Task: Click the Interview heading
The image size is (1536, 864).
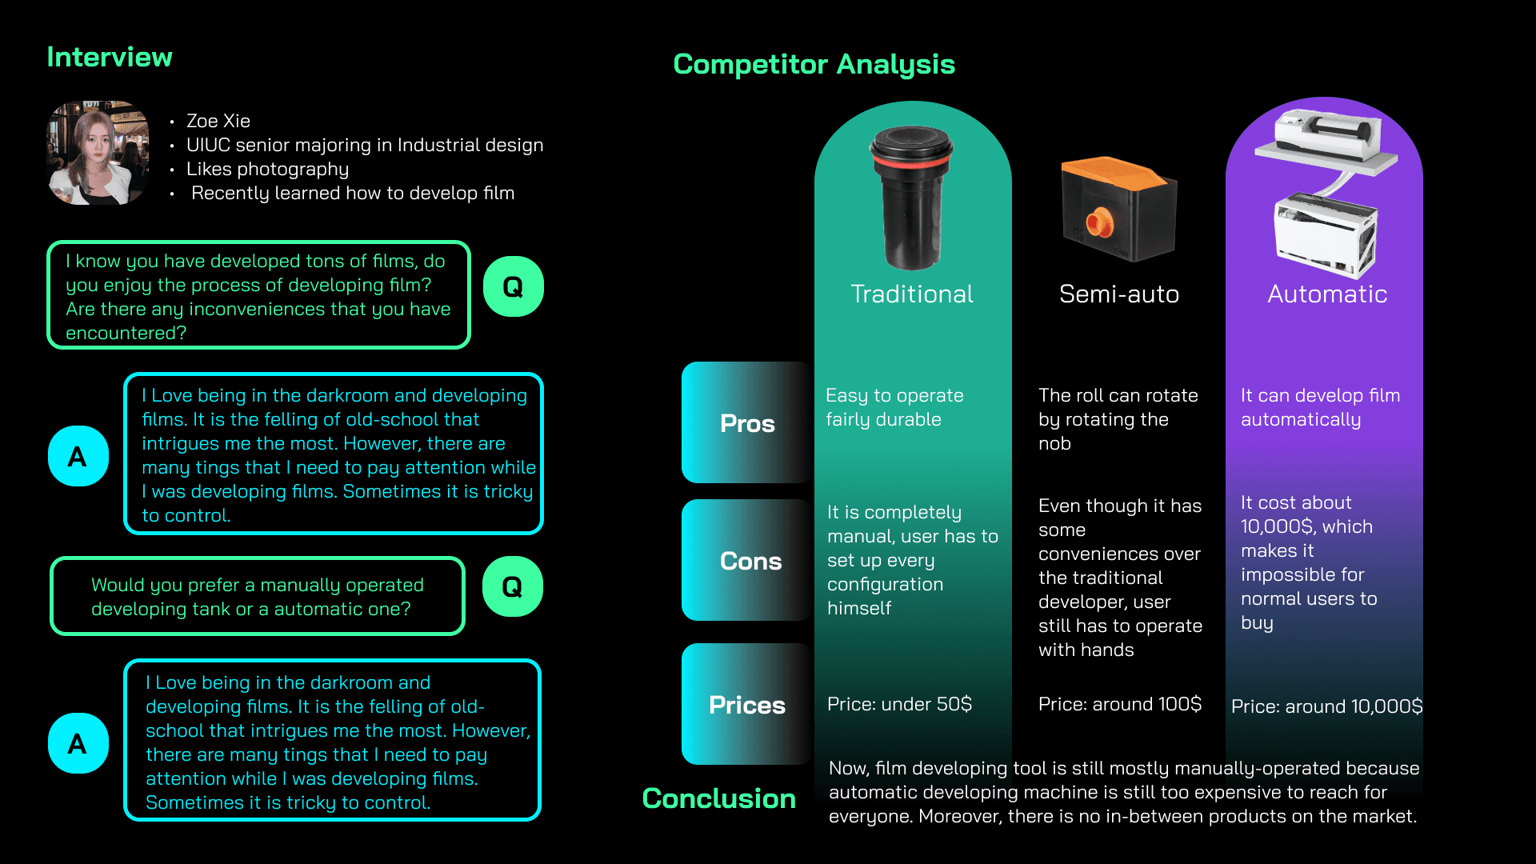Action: coord(110,58)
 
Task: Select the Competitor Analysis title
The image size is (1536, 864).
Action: coord(814,64)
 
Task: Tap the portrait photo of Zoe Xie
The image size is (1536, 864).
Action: coord(98,152)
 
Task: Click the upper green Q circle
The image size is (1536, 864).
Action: coord(513,286)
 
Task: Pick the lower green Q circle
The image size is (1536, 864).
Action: coord(512,586)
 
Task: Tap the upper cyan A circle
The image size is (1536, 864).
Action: coord(78,456)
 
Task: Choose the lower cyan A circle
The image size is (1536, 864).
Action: coord(78,743)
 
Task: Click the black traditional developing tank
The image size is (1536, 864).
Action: coord(911,197)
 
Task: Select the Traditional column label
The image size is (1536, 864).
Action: coord(911,294)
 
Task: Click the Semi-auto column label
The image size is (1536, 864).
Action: coord(1118,294)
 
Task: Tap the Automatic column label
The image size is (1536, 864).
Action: coord(1326,294)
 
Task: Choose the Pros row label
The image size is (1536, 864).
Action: coord(747,423)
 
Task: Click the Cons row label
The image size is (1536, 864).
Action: coord(750,561)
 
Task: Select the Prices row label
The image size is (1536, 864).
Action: coord(746,705)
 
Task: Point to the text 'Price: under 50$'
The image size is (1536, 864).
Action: coord(899,704)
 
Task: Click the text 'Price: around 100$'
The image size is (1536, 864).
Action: coord(1119,704)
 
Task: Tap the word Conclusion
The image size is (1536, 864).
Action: coord(718,798)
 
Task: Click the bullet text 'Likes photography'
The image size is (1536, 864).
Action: coord(267,169)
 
